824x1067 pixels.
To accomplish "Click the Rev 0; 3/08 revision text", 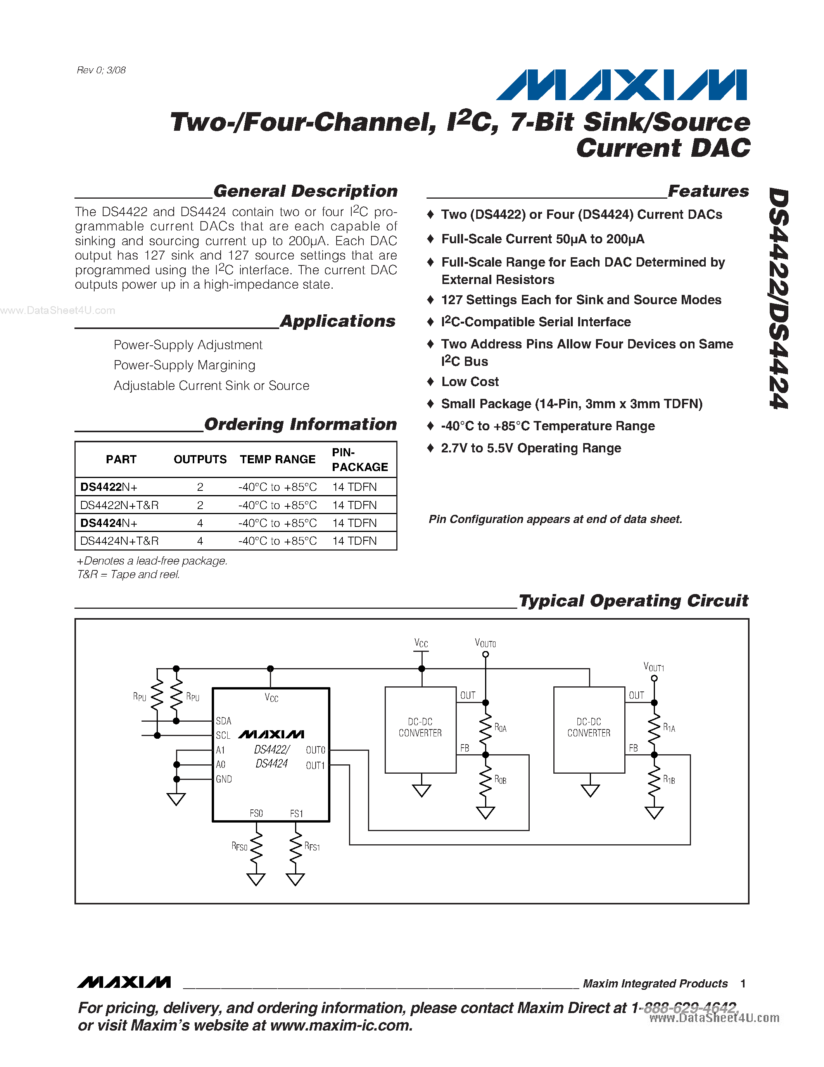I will [101, 70].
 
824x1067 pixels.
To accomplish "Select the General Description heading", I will [305, 191].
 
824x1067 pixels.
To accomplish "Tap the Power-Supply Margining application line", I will [184, 365].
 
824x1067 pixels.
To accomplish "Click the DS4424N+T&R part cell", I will [119, 541].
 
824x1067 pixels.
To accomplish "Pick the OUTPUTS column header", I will [200, 459].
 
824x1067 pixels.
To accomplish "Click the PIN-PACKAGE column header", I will [359, 459].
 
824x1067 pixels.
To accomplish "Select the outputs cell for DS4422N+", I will [200, 487].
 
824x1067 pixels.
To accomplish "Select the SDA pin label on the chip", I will [224, 721].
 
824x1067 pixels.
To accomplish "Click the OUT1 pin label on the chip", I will [315, 766].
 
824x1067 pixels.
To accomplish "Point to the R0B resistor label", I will [500, 780].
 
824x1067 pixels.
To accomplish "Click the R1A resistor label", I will [669, 728].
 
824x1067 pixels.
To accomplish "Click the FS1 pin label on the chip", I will [296, 813].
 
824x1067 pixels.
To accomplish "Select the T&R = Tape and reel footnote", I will [128, 575].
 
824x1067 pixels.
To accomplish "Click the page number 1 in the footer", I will [743, 984].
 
